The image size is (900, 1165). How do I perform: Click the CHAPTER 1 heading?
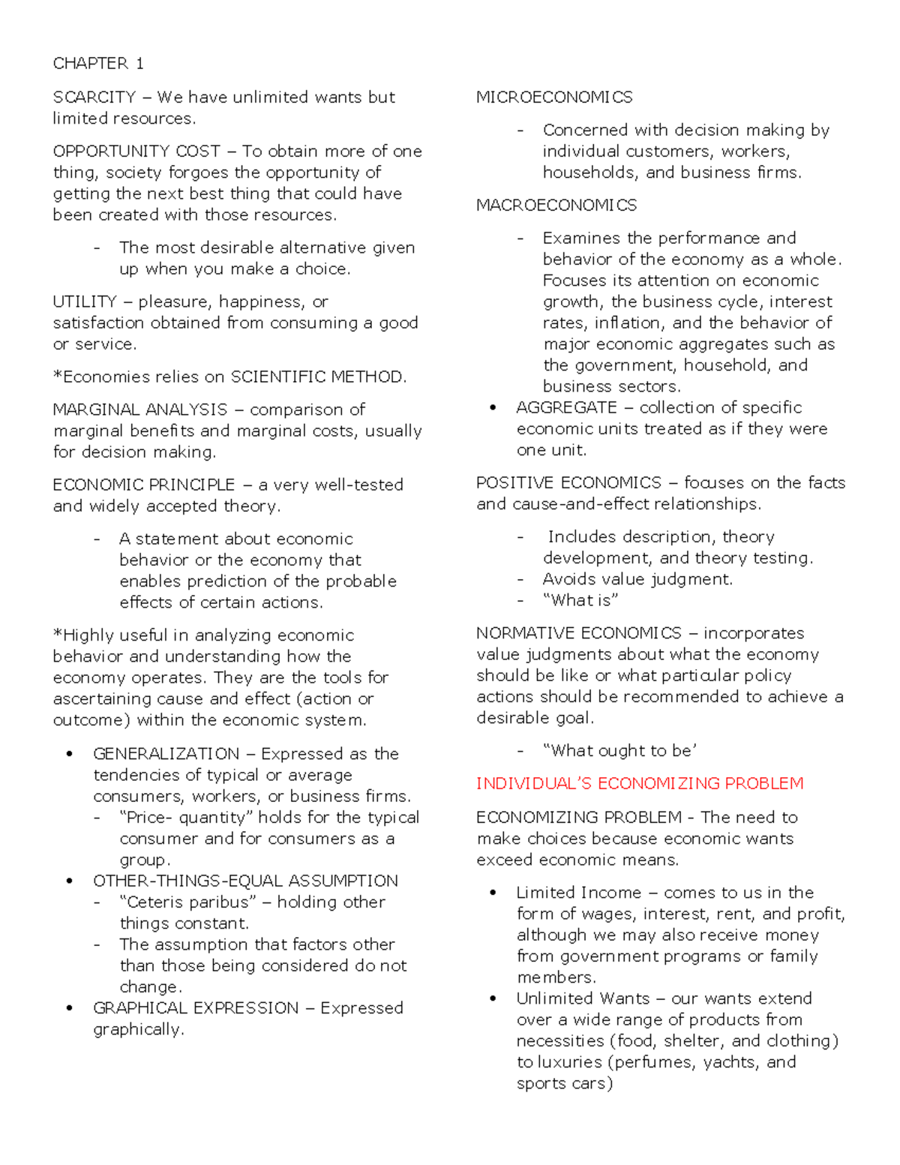coord(97,64)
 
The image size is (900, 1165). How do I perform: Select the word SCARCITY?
coord(94,98)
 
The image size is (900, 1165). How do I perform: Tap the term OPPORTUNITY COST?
coord(136,152)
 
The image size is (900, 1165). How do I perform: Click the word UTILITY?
coord(84,302)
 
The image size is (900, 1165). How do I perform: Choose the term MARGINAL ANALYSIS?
coord(139,410)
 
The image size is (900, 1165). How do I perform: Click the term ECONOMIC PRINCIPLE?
coord(143,485)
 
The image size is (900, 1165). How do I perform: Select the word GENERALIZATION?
coord(166,754)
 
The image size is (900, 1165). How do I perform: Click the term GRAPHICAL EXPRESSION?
coord(195,1008)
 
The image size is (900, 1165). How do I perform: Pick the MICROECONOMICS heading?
coord(554,98)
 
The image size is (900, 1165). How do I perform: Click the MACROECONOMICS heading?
coord(556,206)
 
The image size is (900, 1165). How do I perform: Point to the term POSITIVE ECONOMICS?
coord(568,483)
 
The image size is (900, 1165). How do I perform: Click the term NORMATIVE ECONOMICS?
coord(578,634)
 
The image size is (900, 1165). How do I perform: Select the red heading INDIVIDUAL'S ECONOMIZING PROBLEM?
coord(640,784)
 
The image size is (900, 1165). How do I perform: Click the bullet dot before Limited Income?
coord(493,893)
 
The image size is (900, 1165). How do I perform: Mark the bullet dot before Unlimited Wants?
coord(493,998)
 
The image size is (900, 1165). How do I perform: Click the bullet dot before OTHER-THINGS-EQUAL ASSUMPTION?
coord(70,881)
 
